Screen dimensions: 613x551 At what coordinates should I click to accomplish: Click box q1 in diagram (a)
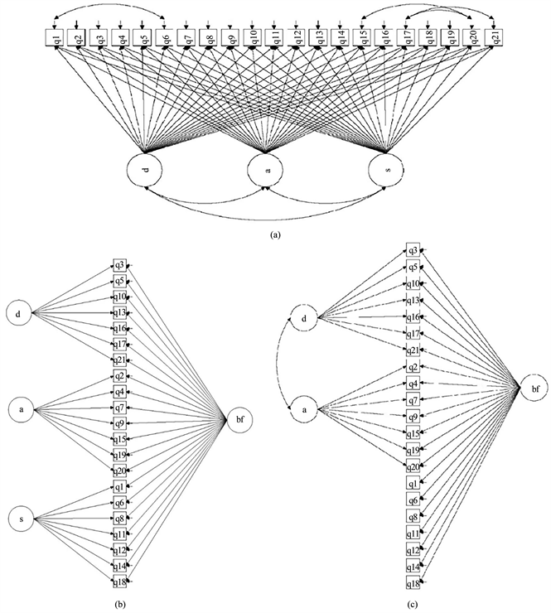pyautogui.click(x=56, y=37)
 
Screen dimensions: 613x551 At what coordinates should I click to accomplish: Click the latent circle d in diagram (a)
pyautogui.click(x=144, y=170)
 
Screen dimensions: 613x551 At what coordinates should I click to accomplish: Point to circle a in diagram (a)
pyautogui.click(x=265, y=170)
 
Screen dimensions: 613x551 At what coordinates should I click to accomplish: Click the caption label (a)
pyautogui.click(x=275, y=234)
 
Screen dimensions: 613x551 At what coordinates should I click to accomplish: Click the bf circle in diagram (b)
pyautogui.click(x=238, y=421)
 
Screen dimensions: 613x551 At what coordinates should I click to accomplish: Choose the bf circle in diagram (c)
pyautogui.click(x=534, y=388)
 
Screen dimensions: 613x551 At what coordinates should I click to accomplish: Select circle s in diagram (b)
pyautogui.click(x=18, y=519)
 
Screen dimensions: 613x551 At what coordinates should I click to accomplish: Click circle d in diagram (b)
pyautogui.click(x=18, y=313)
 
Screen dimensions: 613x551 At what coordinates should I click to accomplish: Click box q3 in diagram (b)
pyautogui.click(x=119, y=266)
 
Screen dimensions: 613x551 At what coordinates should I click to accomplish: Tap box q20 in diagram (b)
pyautogui.click(x=119, y=471)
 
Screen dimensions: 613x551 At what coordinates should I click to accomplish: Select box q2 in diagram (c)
pyautogui.click(x=413, y=367)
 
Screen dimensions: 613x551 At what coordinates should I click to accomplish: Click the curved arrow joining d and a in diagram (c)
pyautogui.click(x=285, y=364)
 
